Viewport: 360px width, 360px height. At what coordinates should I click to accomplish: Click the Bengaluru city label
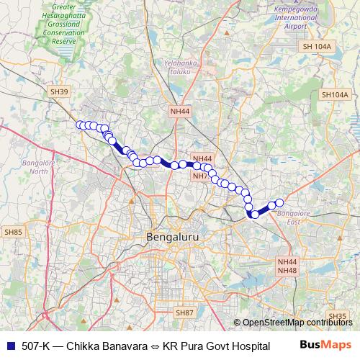coord(172,236)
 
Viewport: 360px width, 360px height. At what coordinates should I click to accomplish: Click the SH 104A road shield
coord(318,46)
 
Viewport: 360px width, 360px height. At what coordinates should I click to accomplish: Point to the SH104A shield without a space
coord(334,94)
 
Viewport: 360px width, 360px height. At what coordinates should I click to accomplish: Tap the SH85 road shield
coord(14,232)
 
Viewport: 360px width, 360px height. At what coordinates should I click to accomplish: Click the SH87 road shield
coord(184,312)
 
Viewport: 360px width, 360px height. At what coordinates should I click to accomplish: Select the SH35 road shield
coord(337,315)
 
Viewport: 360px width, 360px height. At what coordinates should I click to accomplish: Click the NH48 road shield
coord(287,270)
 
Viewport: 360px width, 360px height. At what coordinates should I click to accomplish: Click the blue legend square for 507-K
coord(9,346)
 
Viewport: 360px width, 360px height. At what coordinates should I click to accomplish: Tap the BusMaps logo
coord(325,346)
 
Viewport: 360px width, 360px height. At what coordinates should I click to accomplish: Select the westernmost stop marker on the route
coord(81,125)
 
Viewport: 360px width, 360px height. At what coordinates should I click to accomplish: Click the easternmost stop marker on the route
coord(280,203)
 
